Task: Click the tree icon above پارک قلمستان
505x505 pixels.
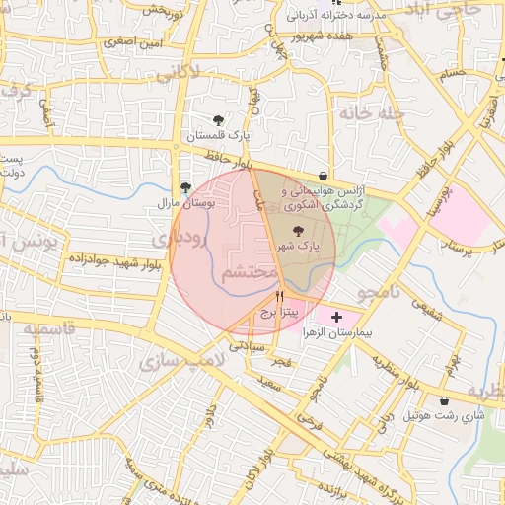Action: tap(217, 120)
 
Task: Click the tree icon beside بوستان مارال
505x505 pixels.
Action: tap(185, 187)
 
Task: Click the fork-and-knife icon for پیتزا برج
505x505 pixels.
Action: tap(281, 295)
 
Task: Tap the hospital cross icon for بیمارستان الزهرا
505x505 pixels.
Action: tap(338, 318)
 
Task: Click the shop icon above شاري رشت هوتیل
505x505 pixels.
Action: tap(444, 400)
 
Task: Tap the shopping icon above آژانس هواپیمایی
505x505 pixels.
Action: tap(324, 176)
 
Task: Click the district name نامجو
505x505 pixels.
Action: tap(376, 293)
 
